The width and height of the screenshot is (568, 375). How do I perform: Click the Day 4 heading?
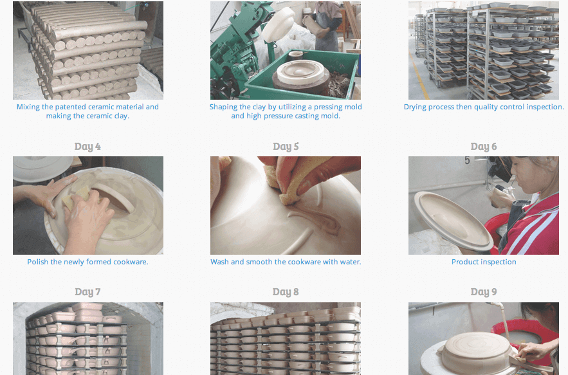point(87,147)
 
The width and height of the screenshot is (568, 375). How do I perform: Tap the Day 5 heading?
point(286,147)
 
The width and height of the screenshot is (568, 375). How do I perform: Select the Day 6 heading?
point(484,147)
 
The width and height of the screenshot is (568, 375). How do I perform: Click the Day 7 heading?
point(87,291)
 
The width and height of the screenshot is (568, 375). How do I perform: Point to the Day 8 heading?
point(286,291)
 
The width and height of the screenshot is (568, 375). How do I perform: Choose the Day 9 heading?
point(484,291)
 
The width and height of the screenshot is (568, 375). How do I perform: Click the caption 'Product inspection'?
point(484,262)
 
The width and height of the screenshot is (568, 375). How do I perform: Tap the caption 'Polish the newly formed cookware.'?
point(87,262)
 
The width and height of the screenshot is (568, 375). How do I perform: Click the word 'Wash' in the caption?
point(219,262)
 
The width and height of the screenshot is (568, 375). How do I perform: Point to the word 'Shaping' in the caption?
point(222,107)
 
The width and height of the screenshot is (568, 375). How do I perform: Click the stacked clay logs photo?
point(88,50)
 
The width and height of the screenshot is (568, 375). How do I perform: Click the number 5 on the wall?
point(467,161)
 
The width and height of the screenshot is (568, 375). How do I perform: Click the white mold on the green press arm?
point(278,24)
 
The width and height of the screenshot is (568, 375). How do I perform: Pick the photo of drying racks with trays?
point(484,50)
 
